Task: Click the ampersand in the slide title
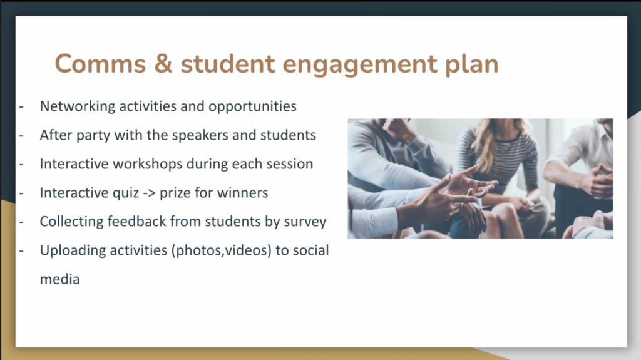click(x=163, y=64)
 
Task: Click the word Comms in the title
click(x=100, y=64)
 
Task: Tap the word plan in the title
click(x=472, y=64)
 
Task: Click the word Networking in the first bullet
click(x=78, y=106)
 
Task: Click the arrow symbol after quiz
click(x=149, y=193)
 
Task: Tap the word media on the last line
click(x=59, y=279)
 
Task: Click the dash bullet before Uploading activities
click(x=21, y=251)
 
